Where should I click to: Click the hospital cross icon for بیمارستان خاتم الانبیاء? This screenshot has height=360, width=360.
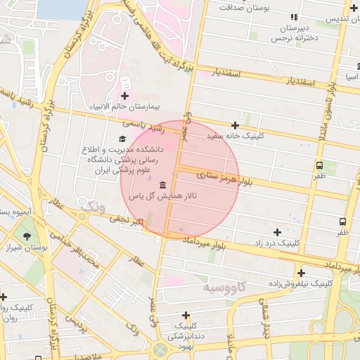pos(125,96)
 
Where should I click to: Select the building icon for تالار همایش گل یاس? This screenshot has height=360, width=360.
pos(163,185)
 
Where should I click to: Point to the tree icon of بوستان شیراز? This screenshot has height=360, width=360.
pos(27,236)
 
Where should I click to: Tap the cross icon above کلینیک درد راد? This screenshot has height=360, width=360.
pos(277,232)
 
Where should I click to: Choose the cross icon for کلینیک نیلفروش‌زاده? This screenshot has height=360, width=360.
pos(301,273)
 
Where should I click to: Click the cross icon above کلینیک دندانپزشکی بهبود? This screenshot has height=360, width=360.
pos(186,316)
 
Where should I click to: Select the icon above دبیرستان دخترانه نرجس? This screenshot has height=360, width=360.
pos(293,17)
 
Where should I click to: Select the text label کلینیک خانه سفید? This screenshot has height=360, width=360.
pos(236,135)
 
